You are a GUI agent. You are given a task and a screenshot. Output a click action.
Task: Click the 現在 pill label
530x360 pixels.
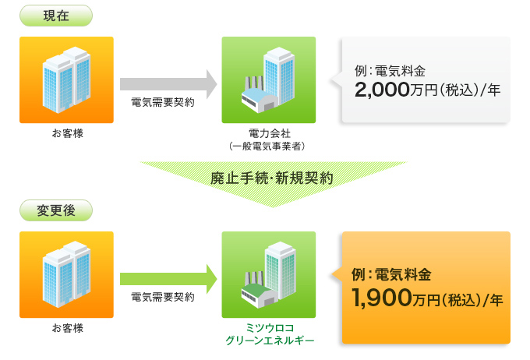point(56,16)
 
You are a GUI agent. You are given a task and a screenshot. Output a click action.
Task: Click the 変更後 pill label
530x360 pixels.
point(56,210)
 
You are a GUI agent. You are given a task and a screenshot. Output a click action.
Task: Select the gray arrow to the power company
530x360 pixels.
point(168,84)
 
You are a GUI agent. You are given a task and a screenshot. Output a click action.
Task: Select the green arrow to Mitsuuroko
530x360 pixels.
point(168,279)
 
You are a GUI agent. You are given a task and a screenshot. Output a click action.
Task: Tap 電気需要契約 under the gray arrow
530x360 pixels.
point(163,102)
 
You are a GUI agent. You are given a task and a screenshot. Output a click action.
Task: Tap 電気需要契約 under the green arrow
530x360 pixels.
point(163,297)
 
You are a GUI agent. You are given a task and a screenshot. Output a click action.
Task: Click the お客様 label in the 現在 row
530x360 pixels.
point(68,133)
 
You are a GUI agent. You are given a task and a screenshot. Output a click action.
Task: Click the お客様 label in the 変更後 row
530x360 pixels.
point(68,328)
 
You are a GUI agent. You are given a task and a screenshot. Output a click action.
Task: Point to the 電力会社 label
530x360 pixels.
point(270,133)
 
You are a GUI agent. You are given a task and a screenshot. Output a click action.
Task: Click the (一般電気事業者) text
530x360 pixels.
point(267,146)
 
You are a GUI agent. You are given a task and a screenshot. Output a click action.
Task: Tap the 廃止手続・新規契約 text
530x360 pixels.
point(271,178)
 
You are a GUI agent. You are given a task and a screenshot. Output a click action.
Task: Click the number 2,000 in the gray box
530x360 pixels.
point(382,90)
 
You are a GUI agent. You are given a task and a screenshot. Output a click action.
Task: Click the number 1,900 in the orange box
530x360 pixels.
point(382,298)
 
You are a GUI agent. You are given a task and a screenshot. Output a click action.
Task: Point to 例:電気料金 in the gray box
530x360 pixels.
point(390,71)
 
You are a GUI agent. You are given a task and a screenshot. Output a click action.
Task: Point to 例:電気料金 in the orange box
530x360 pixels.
point(391,274)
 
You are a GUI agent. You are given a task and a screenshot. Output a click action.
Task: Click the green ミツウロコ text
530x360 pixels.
point(270,327)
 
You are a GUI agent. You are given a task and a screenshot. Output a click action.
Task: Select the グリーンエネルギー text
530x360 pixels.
point(270,340)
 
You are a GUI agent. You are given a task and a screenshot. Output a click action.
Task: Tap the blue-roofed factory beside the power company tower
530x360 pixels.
point(260,101)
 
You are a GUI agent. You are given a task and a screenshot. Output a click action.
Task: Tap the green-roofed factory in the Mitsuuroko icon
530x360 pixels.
point(260,296)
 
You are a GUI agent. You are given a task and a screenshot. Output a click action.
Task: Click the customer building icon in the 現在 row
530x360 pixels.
point(66,79)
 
